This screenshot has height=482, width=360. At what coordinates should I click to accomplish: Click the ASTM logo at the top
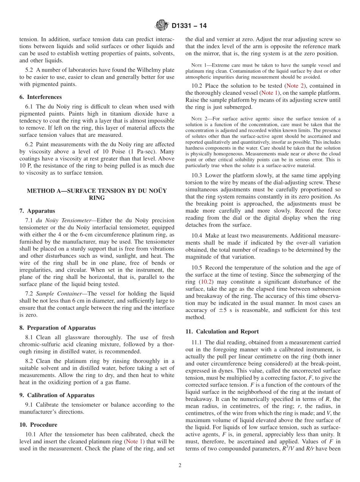pos(162,26)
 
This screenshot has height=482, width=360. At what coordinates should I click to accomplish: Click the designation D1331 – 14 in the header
pos(189,26)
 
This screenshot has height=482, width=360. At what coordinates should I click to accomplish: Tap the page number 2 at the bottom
pos(180,466)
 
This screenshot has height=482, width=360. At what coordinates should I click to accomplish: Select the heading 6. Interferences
pos(41,97)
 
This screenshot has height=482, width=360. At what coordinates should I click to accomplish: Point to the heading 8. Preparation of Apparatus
pos(57,328)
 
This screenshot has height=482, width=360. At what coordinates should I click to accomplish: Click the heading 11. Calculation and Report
pos(222,331)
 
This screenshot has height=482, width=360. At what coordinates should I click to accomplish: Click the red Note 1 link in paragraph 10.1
pos(135,441)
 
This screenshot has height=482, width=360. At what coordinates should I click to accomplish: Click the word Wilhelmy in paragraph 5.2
pos(146,70)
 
